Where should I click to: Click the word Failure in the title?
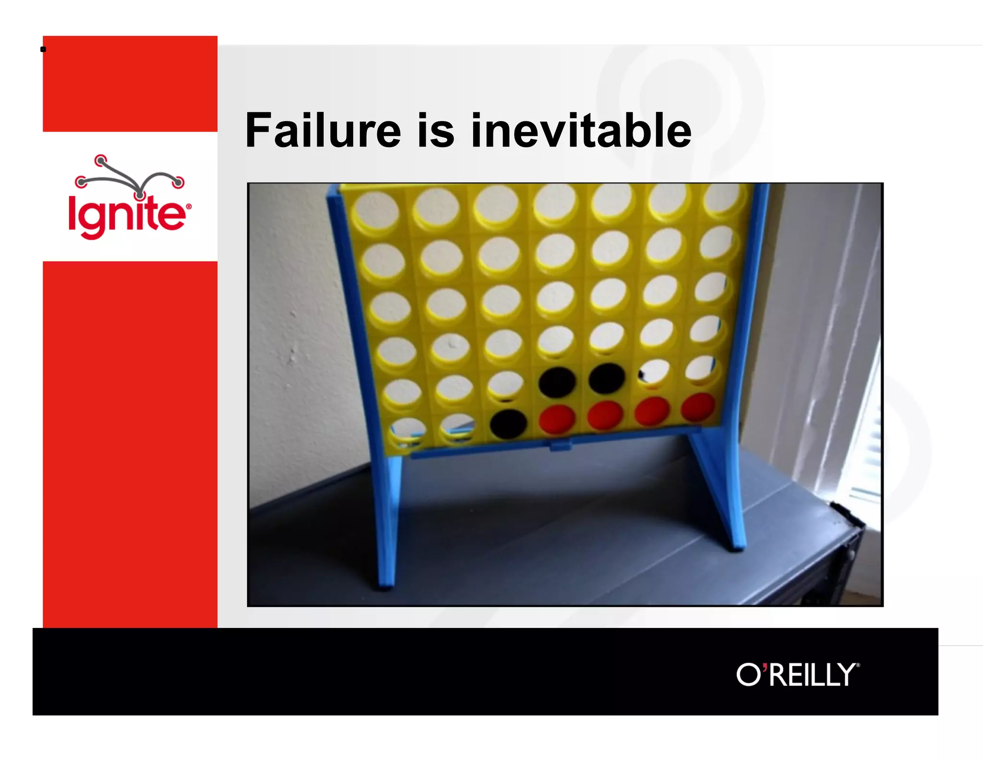(x=323, y=131)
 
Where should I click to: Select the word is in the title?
(x=435, y=131)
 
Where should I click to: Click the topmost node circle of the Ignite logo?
(x=100, y=160)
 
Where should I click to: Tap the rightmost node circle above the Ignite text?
(x=178, y=182)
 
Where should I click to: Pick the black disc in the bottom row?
(x=508, y=424)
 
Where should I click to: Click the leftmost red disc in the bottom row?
(x=557, y=418)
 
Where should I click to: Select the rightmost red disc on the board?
(x=698, y=406)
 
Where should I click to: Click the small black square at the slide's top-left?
(x=43, y=49)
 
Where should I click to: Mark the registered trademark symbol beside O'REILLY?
(x=858, y=665)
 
